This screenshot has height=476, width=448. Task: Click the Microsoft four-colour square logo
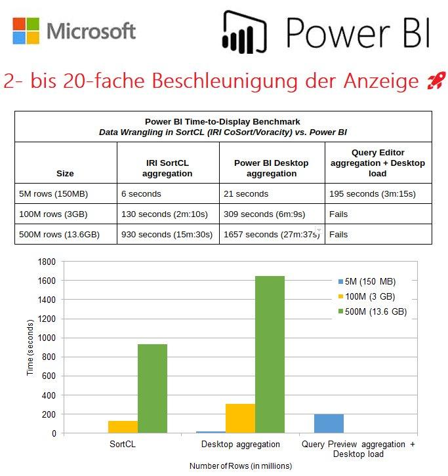[x=26, y=30]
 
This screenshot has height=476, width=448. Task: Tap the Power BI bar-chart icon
[x=246, y=31]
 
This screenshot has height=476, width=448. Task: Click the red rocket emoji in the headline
[x=436, y=81]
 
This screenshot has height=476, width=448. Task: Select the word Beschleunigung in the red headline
[x=222, y=81]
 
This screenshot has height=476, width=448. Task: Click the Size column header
[x=65, y=174]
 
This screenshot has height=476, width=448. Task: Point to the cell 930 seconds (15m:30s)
[x=167, y=235]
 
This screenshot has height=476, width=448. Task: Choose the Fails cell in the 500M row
[x=338, y=235]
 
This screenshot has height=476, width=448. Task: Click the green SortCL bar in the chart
[x=152, y=389]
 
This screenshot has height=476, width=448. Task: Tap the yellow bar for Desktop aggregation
[x=241, y=418]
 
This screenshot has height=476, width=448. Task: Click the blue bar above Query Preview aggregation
[x=329, y=424]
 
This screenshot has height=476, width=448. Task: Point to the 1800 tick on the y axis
[x=47, y=262]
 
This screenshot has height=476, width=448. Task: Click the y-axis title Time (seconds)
[x=30, y=347]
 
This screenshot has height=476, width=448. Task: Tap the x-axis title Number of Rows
[x=241, y=466]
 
